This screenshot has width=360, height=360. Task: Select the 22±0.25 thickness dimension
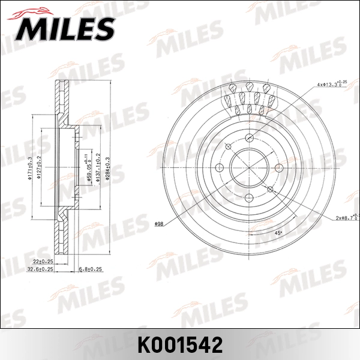pos(42,262)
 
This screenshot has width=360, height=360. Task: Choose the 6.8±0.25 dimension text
pos(91,270)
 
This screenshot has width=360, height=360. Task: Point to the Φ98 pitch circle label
pos(159,224)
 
